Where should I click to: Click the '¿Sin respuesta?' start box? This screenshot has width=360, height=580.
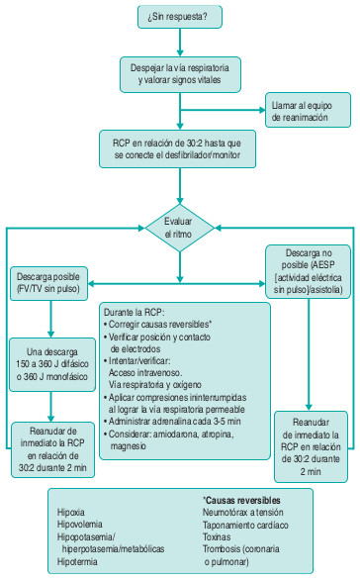[180, 17]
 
